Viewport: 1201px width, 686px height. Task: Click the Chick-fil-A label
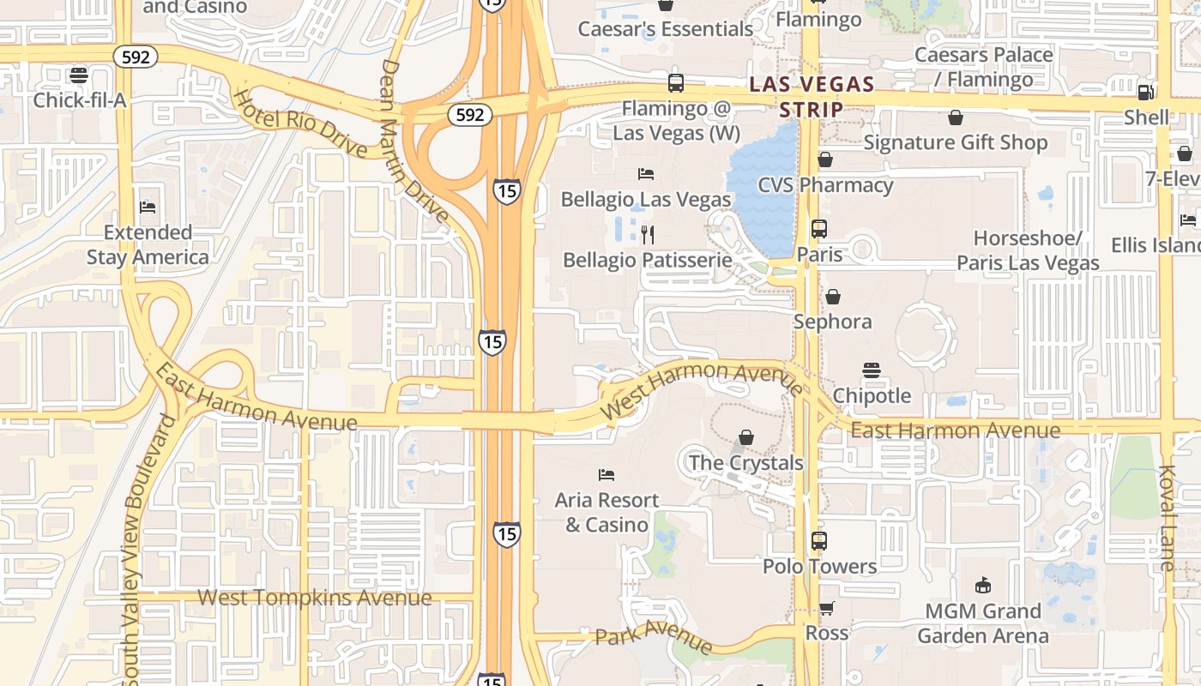point(79,100)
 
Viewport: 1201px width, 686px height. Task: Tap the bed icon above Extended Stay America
point(148,208)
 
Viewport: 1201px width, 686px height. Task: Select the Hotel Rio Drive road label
point(300,124)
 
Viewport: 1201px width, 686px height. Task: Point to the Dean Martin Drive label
point(413,141)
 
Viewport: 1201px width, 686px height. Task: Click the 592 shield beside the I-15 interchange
point(470,115)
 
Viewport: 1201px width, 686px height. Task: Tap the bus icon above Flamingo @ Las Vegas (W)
point(676,83)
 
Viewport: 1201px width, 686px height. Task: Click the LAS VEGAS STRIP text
point(811,97)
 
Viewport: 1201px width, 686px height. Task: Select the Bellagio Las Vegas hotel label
point(645,199)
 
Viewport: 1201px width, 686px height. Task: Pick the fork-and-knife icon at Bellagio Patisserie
point(649,234)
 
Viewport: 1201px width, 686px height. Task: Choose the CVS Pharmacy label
point(825,185)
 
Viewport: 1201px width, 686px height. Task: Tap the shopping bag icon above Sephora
point(832,297)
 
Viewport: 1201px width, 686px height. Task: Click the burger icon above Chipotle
point(872,370)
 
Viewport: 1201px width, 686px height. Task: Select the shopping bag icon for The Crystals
point(746,437)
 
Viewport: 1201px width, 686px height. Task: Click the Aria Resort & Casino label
point(607,512)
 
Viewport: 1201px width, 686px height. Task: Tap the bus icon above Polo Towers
point(819,541)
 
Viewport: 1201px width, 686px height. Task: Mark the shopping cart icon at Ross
point(827,609)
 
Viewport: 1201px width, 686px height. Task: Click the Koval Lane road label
point(1167,518)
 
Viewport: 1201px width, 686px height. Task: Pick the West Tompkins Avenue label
point(314,598)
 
